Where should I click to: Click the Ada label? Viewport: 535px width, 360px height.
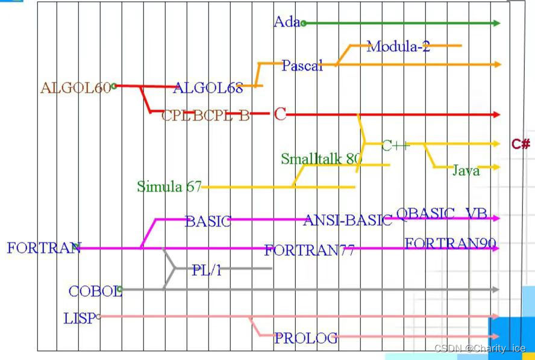tap(286, 22)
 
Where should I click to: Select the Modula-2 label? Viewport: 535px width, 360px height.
tap(398, 46)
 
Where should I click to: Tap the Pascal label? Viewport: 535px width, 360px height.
tap(302, 66)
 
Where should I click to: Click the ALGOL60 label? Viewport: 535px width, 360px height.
tap(75, 88)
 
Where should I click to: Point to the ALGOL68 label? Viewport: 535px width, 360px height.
tap(208, 88)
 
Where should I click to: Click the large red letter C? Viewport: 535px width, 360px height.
tap(280, 114)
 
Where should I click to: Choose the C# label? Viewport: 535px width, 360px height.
tap(521, 144)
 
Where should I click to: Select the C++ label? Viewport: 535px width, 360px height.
tap(395, 145)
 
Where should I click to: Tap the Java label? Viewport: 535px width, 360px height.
tap(466, 171)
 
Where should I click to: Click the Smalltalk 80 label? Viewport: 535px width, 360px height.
tap(321, 159)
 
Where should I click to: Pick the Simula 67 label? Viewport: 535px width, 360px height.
tap(169, 187)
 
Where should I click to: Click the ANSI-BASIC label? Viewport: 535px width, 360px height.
tap(348, 220)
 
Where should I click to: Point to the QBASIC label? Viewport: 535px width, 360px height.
tap(425, 214)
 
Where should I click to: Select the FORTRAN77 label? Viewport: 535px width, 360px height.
tap(309, 250)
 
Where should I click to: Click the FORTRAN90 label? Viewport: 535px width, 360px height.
tap(450, 244)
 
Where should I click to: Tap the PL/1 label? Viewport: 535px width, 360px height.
tap(207, 270)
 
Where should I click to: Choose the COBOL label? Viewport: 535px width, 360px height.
tap(95, 291)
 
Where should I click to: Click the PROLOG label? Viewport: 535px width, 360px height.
tap(305, 338)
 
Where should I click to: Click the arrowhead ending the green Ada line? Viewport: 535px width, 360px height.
tap(496, 23)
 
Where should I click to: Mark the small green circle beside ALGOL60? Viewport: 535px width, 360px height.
tap(114, 86)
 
